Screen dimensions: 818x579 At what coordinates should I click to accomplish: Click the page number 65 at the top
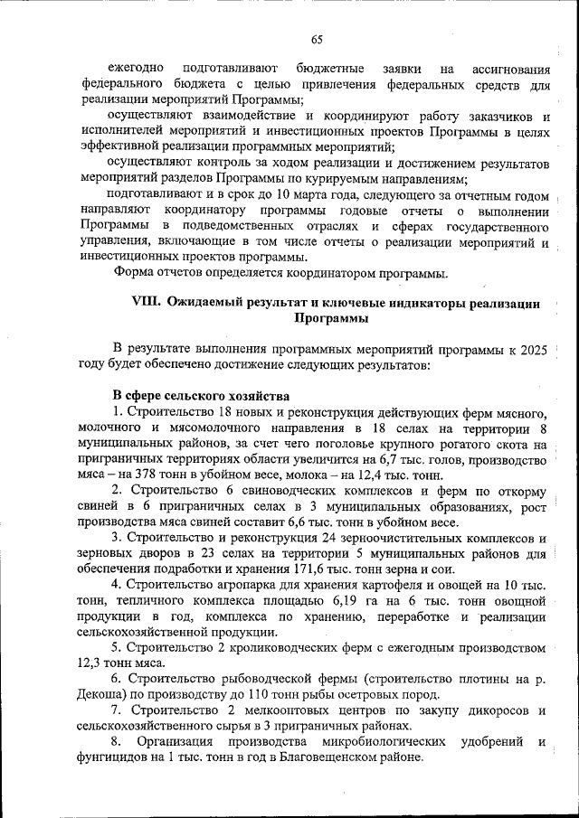click(x=317, y=38)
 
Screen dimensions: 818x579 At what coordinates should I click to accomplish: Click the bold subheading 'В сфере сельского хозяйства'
click(x=200, y=396)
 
